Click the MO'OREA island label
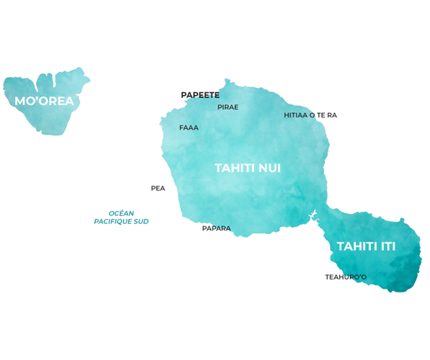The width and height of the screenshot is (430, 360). click(x=44, y=101)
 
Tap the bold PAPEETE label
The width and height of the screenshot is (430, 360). click(x=200, y=95)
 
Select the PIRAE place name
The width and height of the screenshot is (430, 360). click(x=228, y=107)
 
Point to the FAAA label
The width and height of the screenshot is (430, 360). click(x=189, y=127)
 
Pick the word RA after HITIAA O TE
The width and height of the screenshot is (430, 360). click(x=332, y=115)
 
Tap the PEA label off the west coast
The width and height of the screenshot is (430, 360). click(x=158, y=188)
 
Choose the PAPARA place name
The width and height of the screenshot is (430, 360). click(x=216, y=228)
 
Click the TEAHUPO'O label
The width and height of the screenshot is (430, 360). click(x=346, y=276)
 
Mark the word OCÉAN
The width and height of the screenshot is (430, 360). click(x=122, y=213)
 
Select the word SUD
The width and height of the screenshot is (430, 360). click(x=140, y=222)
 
